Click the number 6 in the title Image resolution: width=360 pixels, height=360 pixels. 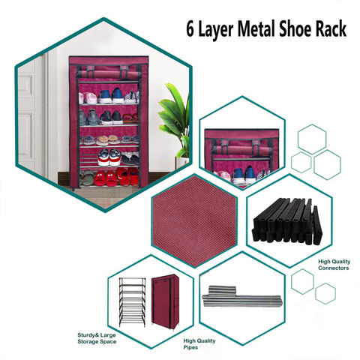pyautogui.click(x=190, y=29)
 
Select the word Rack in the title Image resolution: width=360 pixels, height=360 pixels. pyautogui.click(x=331, y=28)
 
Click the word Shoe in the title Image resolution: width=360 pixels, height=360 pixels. pyautogui.click(x=295, y=28)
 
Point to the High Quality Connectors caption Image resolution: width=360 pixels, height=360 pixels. pyautogui.click(x=334, y=265)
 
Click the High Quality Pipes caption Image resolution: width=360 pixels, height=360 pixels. pyautogui.click(x=199, y=344)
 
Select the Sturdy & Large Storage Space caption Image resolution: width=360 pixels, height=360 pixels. pyautogui.click(x=97, y=338)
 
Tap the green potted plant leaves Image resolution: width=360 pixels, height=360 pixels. pyautogui.click(x=175, y=118)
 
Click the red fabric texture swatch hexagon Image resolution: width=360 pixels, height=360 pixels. pyautogui.click(x=194, y=220)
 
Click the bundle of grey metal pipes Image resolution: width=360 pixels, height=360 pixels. pyautogui.click(x=242, y=296)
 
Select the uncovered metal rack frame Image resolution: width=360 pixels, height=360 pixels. pyautogui.click(x=132, y=301)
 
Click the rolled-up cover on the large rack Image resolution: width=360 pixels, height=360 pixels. pyautogui.click(x=109, y=74)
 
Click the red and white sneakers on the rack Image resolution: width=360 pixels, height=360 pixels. pyautogui.click(x=109, y=157)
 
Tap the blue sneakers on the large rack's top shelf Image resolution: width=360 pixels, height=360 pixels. pyautogui.click(x=110, y=95)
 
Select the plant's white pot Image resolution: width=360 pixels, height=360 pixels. pyautogui.click(x=182, y=163)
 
